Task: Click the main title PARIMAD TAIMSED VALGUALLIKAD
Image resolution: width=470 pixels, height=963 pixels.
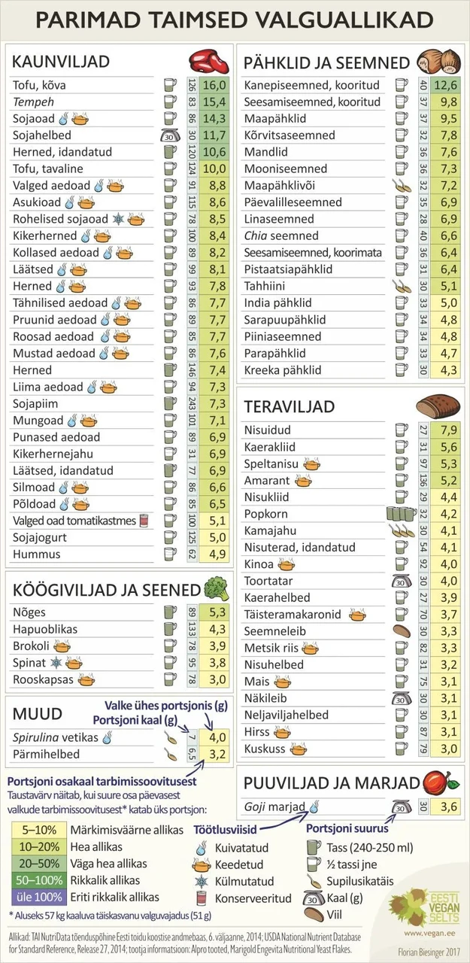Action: pos(235,20)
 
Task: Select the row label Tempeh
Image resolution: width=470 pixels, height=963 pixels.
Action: pos(34,102)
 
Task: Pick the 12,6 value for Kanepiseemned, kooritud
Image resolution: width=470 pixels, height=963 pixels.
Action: pos(444,85)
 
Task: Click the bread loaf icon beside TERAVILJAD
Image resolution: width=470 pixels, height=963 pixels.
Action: pos(436,406)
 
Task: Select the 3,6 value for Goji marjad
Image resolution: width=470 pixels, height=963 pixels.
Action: pos(448,807)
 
